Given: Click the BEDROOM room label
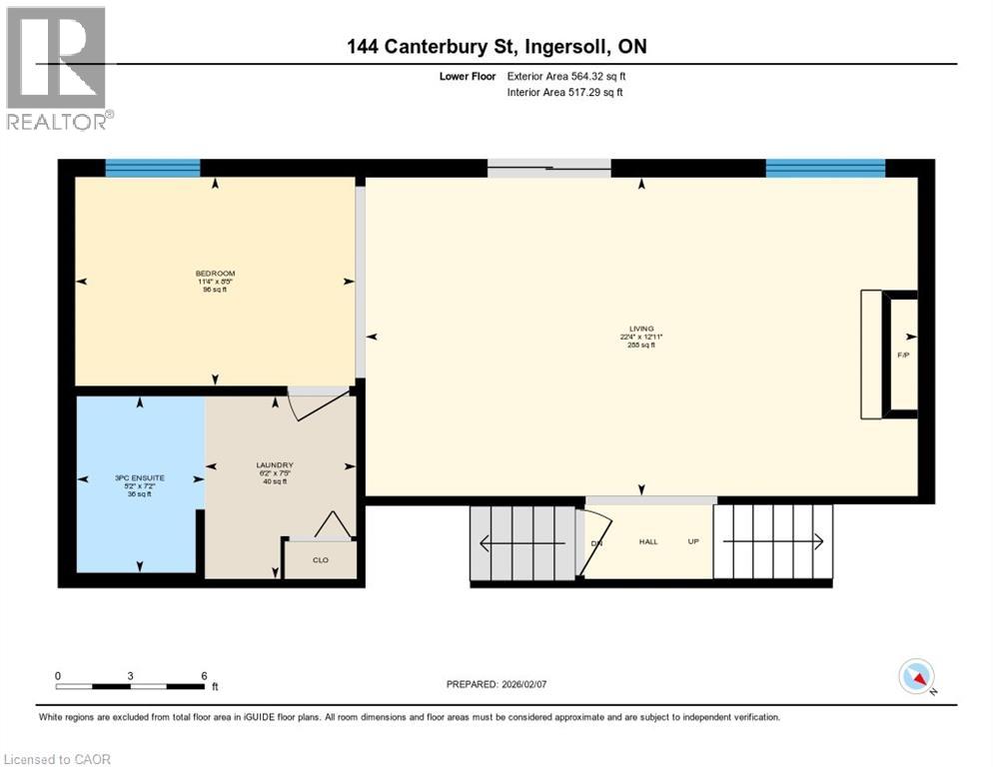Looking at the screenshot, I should [215, 274].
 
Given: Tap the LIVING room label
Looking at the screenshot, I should [640, 329].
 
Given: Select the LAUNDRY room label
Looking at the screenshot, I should [274, 465].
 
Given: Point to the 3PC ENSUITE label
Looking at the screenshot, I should [140, 478].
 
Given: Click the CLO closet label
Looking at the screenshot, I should [320, 560].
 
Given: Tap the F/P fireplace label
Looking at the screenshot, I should [903, 356].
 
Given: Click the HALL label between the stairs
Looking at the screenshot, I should [648, 542].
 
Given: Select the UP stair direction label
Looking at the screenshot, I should [692, 542].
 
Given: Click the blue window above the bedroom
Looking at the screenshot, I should [153, 168].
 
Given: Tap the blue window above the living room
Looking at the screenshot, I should [824, 168].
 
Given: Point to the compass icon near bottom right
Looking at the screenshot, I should [916, 677].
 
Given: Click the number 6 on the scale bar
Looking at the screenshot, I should [204, 675].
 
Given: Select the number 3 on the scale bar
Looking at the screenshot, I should [131, 675].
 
